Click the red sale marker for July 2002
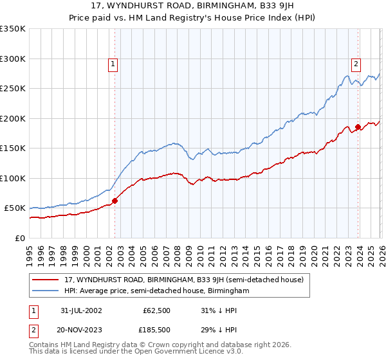coord(115,201)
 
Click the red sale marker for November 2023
coord(358,127)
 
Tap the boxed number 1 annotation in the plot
coord(113,64)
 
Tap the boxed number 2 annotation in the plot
coord(355,64)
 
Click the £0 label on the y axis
coord(20,239)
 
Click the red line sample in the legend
coord(46,280)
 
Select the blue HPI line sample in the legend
coord(46,291)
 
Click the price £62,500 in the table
coord(157,310)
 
